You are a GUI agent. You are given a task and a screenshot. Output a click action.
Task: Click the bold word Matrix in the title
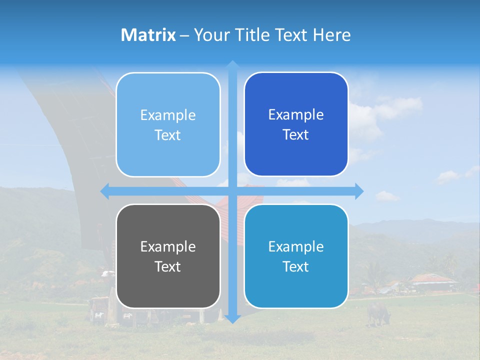pyautogui.click(x=148, y=35)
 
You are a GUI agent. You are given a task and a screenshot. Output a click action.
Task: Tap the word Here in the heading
pyautogui.click(x=331, y=35)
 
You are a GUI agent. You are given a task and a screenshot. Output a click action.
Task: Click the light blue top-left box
pyautogui.click(x=168, y=125)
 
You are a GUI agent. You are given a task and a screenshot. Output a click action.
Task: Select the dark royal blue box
pyautogui.click(x=296, y=124)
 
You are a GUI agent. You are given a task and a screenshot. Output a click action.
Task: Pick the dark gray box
pyautogui.click(x=168, y=256)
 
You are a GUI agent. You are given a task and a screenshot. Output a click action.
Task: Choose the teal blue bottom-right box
pyautogui.click(x=296, y=256)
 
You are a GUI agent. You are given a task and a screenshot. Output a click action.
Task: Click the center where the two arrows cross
pyautogui.click(x=232, y=191)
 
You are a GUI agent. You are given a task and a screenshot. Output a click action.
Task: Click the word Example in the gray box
pyautogui.click(x=168, y=246)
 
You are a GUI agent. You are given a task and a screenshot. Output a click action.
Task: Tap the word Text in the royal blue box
pyautogui.click(x=296, y=135)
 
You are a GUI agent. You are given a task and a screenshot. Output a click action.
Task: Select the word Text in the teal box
pyautogui.click(x=296, y=266)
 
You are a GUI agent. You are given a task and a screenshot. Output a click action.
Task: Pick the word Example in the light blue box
pyautogui.click(x=168, y=115)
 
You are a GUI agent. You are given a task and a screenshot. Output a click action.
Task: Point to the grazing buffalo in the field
pyautogui.click(x=378, y=313)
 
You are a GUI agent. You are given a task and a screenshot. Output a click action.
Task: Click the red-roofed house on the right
pyautogui.click(x=432, y=281)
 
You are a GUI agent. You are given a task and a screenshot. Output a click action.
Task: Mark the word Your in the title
pyautogui.click(x=209, y=35)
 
